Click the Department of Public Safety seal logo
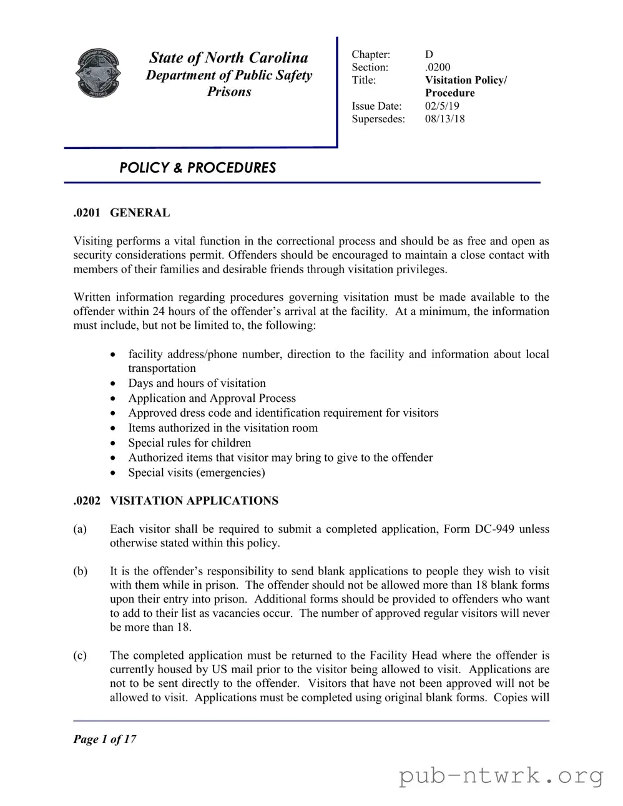(x=97, y=73)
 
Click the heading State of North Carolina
(x=228, y=58)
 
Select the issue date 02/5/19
(x=442, y=106)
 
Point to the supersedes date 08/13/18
(x=444, y=119)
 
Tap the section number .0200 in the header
(x=438, y=67)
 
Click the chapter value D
(x=429, y=55)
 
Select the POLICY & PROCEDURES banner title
(x=197, y=168)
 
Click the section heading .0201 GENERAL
(x=121, y=213)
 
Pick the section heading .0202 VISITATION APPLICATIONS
(x=175, y=501)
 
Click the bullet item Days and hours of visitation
(x=197, y=383)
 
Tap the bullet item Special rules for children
(x=189, y=443)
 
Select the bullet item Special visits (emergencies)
(x=196, y=472)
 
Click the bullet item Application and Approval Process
(x=212, y=398)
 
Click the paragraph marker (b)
(x=80, y=571)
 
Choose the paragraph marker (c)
(x=80, y=656)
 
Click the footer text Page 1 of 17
(x=104, y=739)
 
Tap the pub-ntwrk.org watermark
(x=501, y=776)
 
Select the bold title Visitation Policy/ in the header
(x=466, y=80)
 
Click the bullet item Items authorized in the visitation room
(x=223, y=428)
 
